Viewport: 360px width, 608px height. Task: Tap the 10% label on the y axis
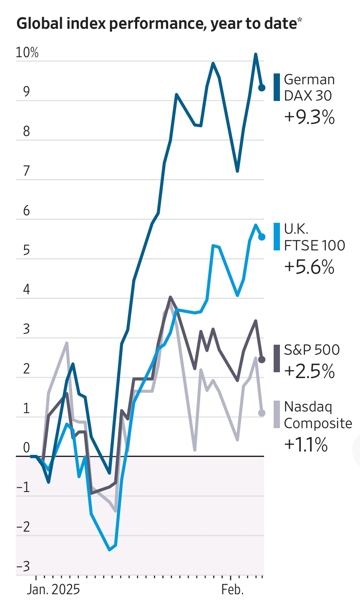click(x=27, y=53)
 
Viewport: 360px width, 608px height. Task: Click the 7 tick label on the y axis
click(x=27, y=171)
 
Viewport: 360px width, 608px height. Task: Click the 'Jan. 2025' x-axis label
click(x=53, y=590)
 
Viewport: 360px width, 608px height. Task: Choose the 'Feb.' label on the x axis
click(x=232, y=590)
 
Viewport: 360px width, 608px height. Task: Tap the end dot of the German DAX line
click(x=262, y=88)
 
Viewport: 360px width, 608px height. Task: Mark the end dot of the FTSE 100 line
click(x=262, y=237)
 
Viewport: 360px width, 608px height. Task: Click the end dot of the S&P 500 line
click(x=262, y=359)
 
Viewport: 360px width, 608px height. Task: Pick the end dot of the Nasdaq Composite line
click(x=262, y=413)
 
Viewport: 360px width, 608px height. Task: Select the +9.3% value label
click(x=309, y=117)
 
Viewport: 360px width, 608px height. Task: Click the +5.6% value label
click(x=309, y=267)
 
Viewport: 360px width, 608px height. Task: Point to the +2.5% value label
click(x=309, y=371)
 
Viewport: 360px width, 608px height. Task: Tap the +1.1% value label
click(x=306, y=445)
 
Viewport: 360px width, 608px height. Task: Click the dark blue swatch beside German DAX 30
click(x=277, y=87)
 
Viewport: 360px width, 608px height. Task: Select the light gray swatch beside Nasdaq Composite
click(x=277, y=414)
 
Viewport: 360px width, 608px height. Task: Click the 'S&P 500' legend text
click(x=312, y=350)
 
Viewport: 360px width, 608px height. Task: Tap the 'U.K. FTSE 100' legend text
click(x=314, y=237)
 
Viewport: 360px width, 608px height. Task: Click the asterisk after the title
click(x=300, y=20)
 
